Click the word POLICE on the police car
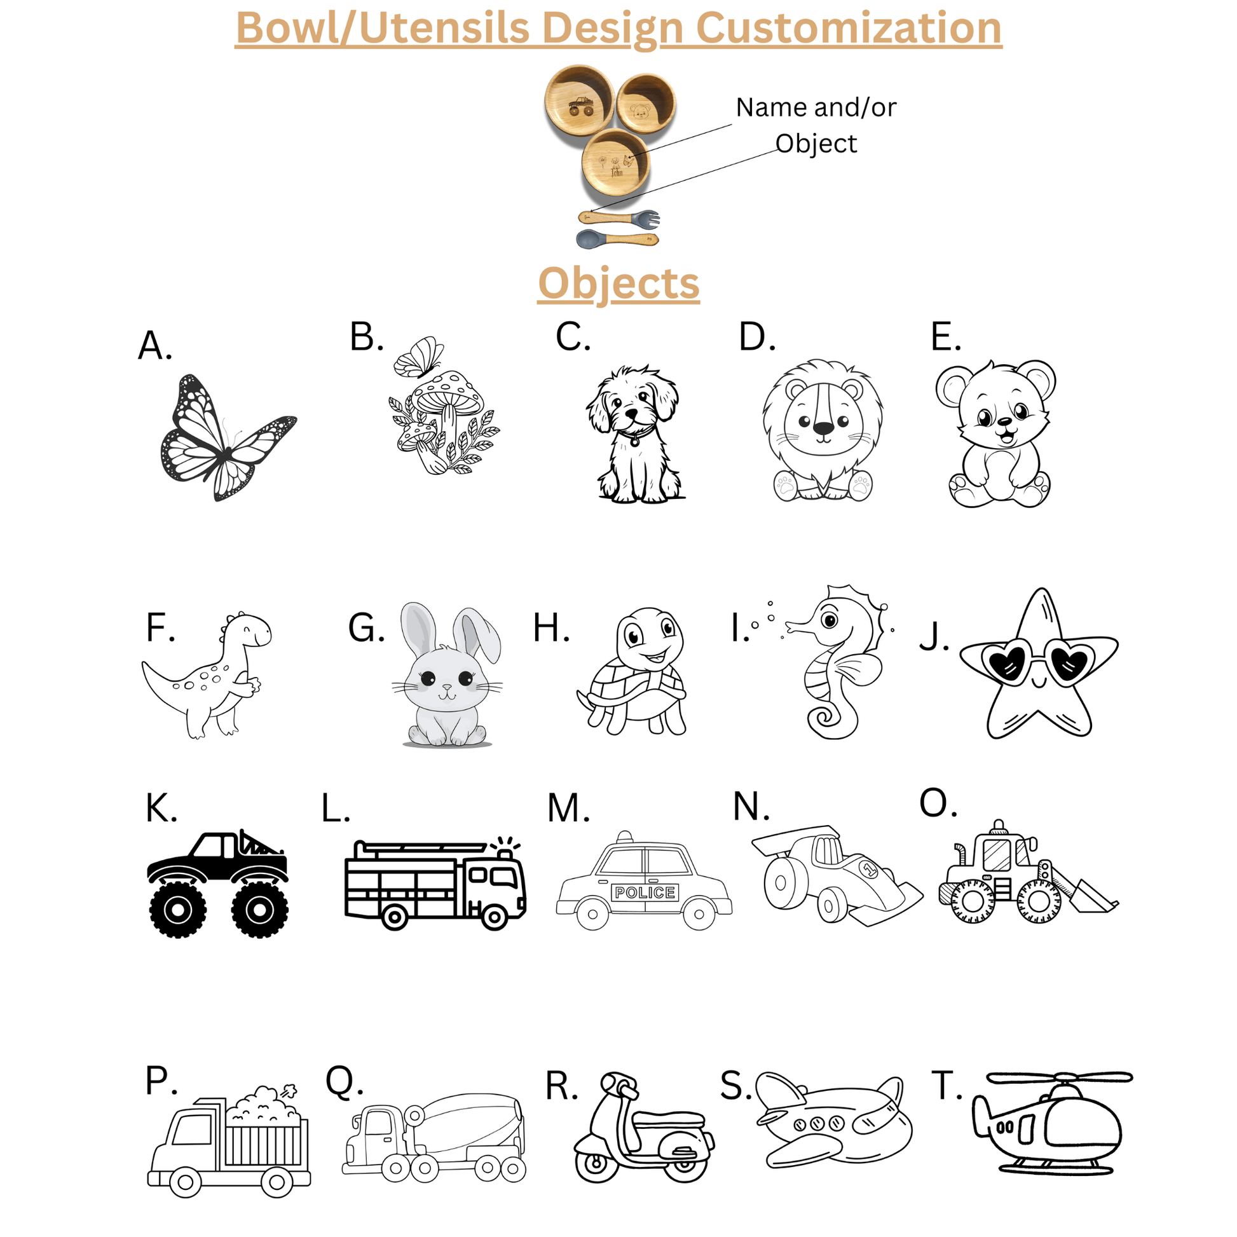pos(645,892)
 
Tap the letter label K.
pos(161,807)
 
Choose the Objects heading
pos(618,283)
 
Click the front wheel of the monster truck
pos(259,908)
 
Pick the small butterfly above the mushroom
pos(418,357)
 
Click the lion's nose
pos(823,428)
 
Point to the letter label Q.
pos(345,1082)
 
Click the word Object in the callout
pos(816,144)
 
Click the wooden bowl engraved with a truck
pos(580,101)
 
